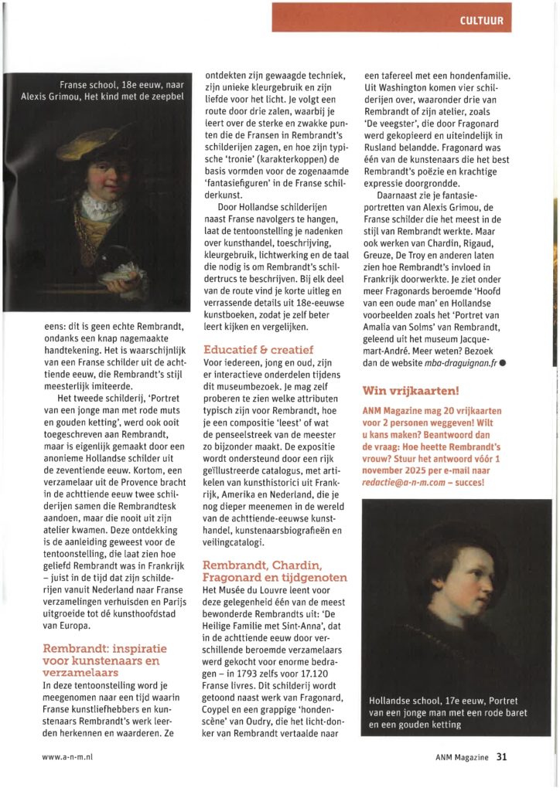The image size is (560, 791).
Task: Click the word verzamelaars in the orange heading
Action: (x=78, y=672)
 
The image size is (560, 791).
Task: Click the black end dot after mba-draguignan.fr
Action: (x=502, y=363)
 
